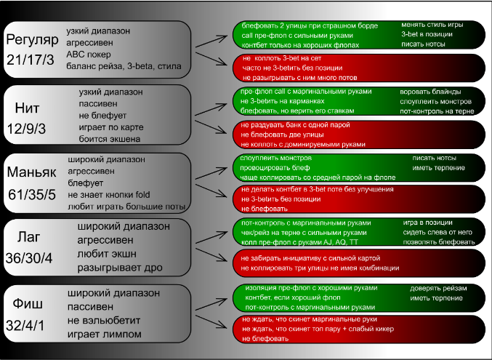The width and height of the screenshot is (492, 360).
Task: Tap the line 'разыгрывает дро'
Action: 113,267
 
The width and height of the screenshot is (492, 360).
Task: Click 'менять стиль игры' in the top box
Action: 432,25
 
